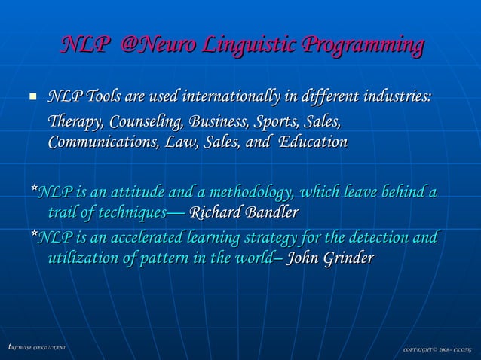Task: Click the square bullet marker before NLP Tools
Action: [32, 98]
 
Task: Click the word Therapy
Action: [75, 121]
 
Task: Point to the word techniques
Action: [124, 212]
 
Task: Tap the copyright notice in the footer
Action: [437, 349]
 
